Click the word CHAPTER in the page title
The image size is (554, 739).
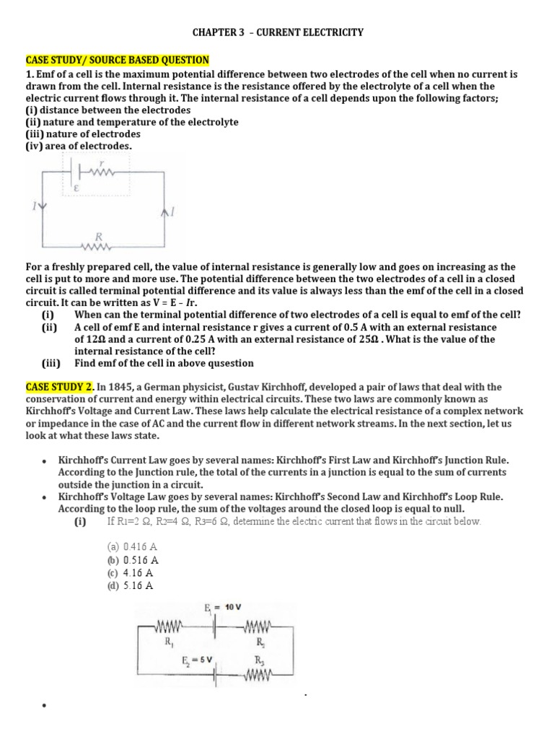point(212,32)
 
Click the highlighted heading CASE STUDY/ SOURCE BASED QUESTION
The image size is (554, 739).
point(118,60)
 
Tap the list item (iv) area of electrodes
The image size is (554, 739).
point(79,146)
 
